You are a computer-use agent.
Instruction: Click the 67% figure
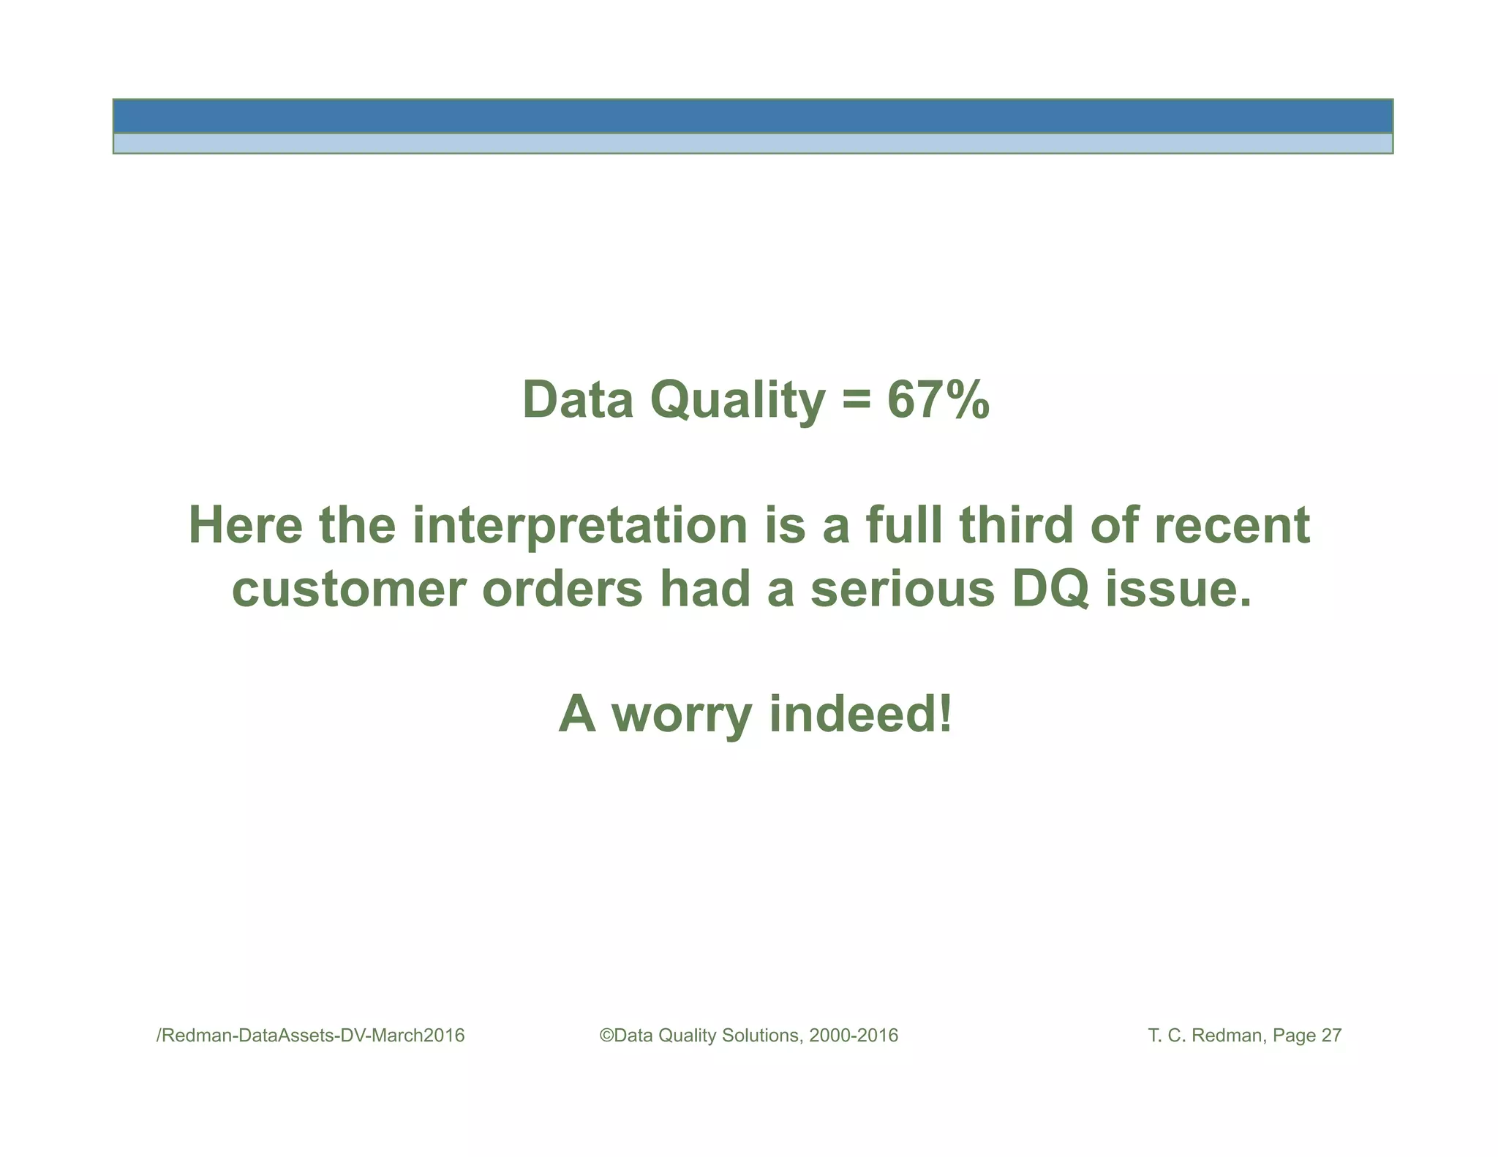pos(938,400)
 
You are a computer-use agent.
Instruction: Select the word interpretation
pos(579,526)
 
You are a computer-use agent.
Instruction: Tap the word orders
pos(562,589)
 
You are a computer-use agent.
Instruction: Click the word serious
pos(902,589)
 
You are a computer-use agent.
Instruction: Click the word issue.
pos(1177,589)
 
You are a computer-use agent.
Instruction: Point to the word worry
pos(681,715)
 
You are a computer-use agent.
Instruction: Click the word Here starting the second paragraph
pos(245,526)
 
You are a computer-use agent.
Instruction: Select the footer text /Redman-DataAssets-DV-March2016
pos(311,1036)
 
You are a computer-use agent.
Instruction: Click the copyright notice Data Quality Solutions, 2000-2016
pos(749,1036)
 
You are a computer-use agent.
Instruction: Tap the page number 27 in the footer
pos(1331,1036)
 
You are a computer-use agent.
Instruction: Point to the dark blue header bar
pos(752,116)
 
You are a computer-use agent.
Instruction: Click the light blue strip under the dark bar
pos(752,143)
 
